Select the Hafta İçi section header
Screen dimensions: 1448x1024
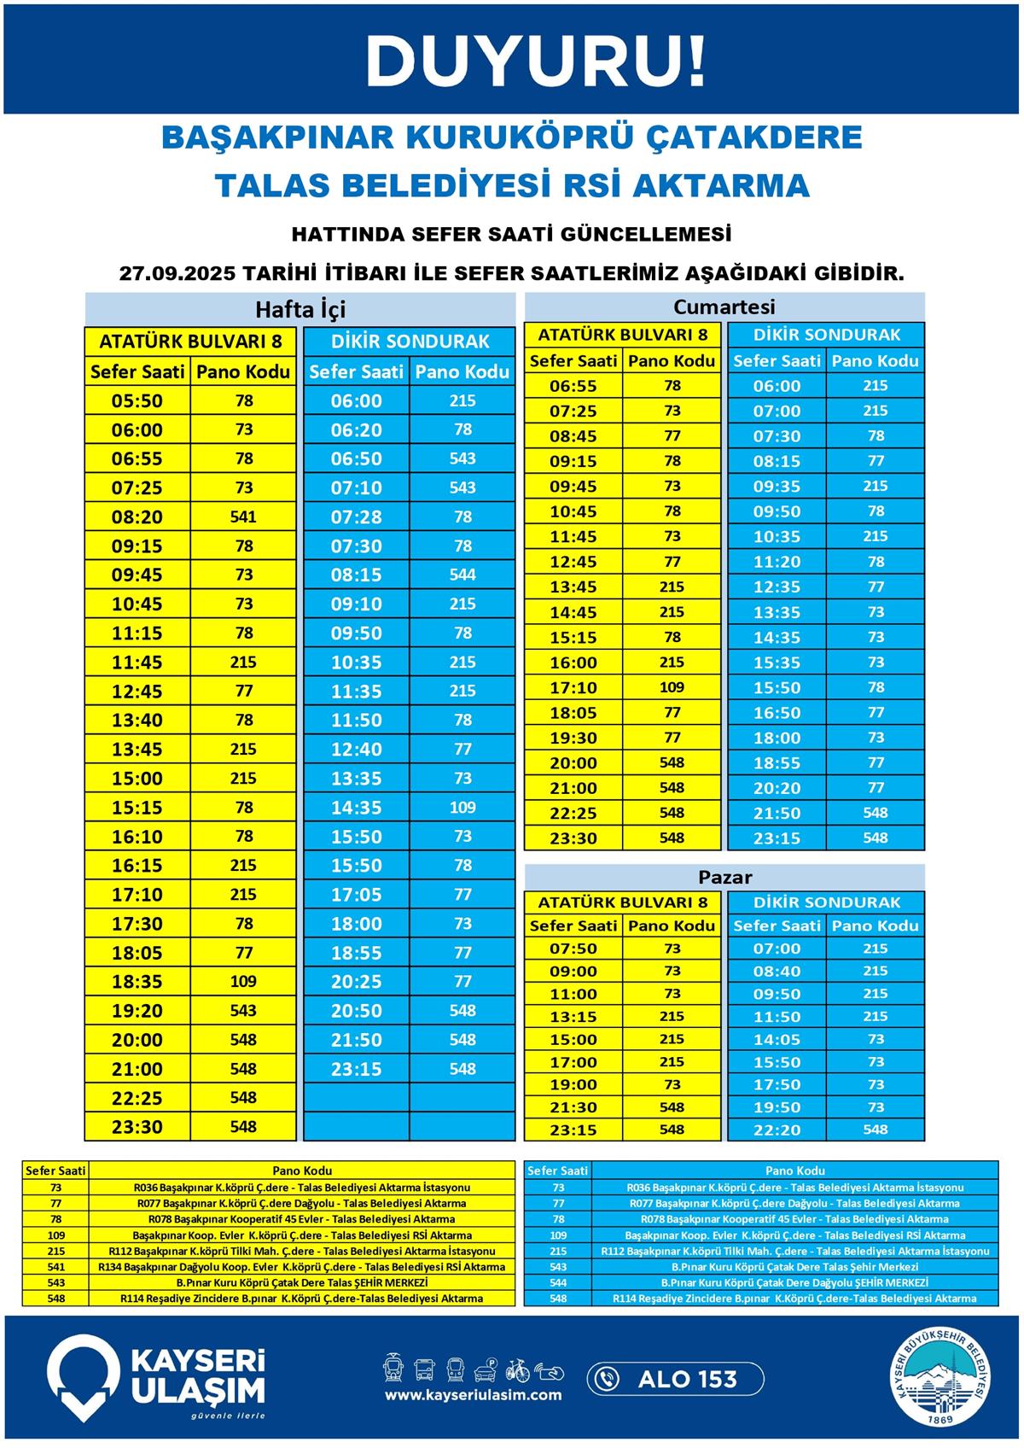click(300, 308)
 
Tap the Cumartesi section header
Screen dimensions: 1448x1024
click(724, 307)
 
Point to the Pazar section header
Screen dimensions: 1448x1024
click(724, 877)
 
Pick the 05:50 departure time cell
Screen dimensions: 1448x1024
click(137, 401)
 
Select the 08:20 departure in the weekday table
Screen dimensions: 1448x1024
click(137, 517)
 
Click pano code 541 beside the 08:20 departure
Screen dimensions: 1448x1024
click(243, 517)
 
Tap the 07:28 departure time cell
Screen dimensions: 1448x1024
click(356, 517)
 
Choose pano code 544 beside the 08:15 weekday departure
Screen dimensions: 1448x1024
click(462, 575)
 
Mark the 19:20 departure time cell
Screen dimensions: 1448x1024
click(137, 1011)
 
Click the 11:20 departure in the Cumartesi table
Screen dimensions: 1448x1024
click(777, 562)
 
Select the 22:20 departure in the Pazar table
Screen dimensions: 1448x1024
click(777, 1130)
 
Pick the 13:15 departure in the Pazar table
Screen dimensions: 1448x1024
click(573, 1017)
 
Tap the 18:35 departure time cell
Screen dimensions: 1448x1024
click(137, 982)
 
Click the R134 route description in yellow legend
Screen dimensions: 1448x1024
click(301, 1267)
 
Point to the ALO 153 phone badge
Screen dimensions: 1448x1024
click(674, 1378)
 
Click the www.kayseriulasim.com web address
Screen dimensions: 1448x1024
click(473, 1395)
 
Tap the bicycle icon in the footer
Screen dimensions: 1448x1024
click(517, 1369)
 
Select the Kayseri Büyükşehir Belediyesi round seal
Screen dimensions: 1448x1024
click(944, 1377)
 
